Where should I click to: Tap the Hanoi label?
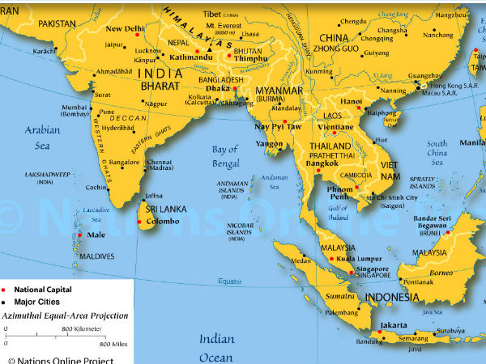coord(352,102)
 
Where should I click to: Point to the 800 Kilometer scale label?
coord(81,328)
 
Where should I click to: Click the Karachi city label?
coord(45,51)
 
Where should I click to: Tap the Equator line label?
coord(231,281)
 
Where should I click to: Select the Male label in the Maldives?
coord(96,235)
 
